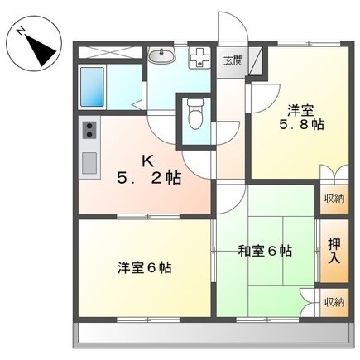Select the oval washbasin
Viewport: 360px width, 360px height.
162,57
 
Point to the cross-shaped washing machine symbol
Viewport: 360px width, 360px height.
199,59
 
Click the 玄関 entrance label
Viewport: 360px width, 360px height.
233,60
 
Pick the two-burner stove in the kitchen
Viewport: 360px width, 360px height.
89,131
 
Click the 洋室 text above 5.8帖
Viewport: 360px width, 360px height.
300,110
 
